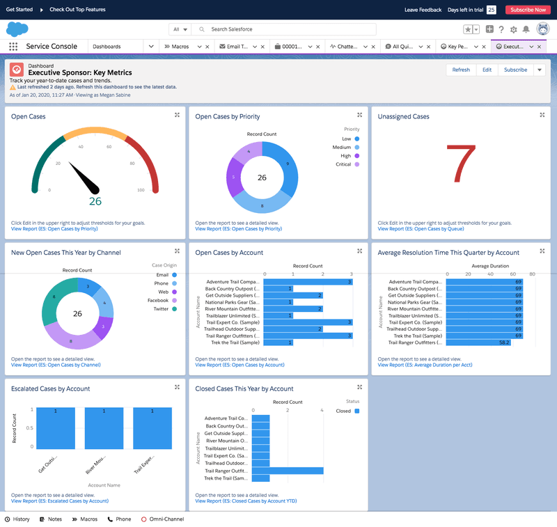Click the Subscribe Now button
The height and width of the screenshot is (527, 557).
[528, 10]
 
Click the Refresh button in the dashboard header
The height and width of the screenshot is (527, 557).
[461, 70]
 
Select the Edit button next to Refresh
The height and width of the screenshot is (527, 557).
[487, 70]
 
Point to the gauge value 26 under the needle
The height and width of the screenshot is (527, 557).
[95, 201]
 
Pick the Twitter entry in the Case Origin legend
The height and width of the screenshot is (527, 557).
[161, 308]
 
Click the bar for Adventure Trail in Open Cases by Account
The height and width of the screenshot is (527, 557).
[308, 282]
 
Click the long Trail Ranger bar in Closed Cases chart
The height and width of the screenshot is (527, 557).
[288, 471]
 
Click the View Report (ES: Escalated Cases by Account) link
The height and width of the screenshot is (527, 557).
[60, 501]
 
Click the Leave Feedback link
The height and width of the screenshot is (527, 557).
[423, 10]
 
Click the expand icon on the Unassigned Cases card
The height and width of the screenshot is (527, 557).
[542, 115]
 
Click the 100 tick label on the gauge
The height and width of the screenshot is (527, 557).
[141, 190]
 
